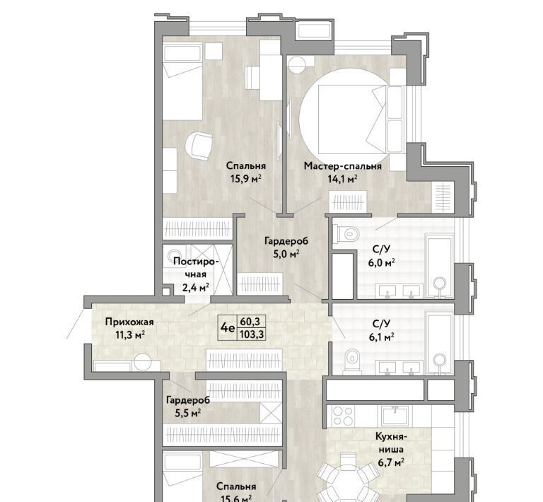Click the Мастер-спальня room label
click(342, 166)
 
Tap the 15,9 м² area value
click(245, 179)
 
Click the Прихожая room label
click(129, 322)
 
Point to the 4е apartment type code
click(228, 327)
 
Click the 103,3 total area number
click(252, 334)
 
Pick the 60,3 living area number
click(252, 322)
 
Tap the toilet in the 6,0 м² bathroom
click(347, 234)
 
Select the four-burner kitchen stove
click(342, 416)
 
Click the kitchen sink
click(395, 416)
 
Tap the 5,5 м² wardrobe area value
click(188, 414)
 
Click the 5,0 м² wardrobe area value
click(286, 254)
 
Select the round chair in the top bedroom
click(199, 147)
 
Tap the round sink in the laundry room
click(175, 254)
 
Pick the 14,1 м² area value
click(342, 179)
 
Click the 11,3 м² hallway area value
click(130, 335)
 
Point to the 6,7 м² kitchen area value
click(391, 462)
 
